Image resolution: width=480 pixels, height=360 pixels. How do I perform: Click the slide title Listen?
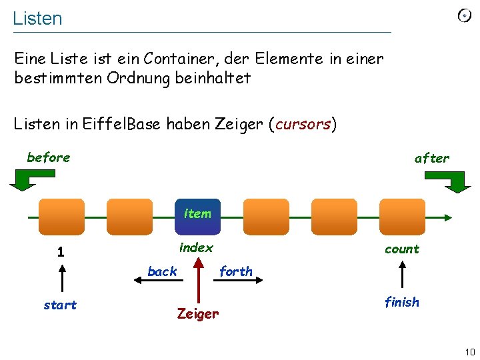(37, 19)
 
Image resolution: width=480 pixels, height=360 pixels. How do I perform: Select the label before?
(48, 157)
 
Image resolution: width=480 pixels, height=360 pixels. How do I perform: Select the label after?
(432, 158)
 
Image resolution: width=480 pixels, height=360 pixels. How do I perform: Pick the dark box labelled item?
(197, 216)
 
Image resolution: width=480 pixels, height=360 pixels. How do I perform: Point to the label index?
(196, 247)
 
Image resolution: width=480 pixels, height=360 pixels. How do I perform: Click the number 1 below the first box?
(61, 252)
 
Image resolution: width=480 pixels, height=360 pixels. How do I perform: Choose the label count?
(402, 249)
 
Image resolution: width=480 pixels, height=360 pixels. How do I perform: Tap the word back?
(162, 271)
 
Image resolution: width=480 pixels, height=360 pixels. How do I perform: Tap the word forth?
(236, 271)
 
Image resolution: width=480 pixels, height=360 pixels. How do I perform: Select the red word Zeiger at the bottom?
(197, 313)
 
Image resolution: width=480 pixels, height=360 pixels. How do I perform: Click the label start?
(60, 305)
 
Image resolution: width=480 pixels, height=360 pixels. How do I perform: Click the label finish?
(402, 302)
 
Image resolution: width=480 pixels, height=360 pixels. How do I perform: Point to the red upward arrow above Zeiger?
(197, 280)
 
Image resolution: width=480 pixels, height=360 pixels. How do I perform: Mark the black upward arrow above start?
(61, 277)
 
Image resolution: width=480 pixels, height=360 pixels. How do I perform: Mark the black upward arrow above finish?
(403, 274)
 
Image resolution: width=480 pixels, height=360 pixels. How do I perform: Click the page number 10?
(470, 351)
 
